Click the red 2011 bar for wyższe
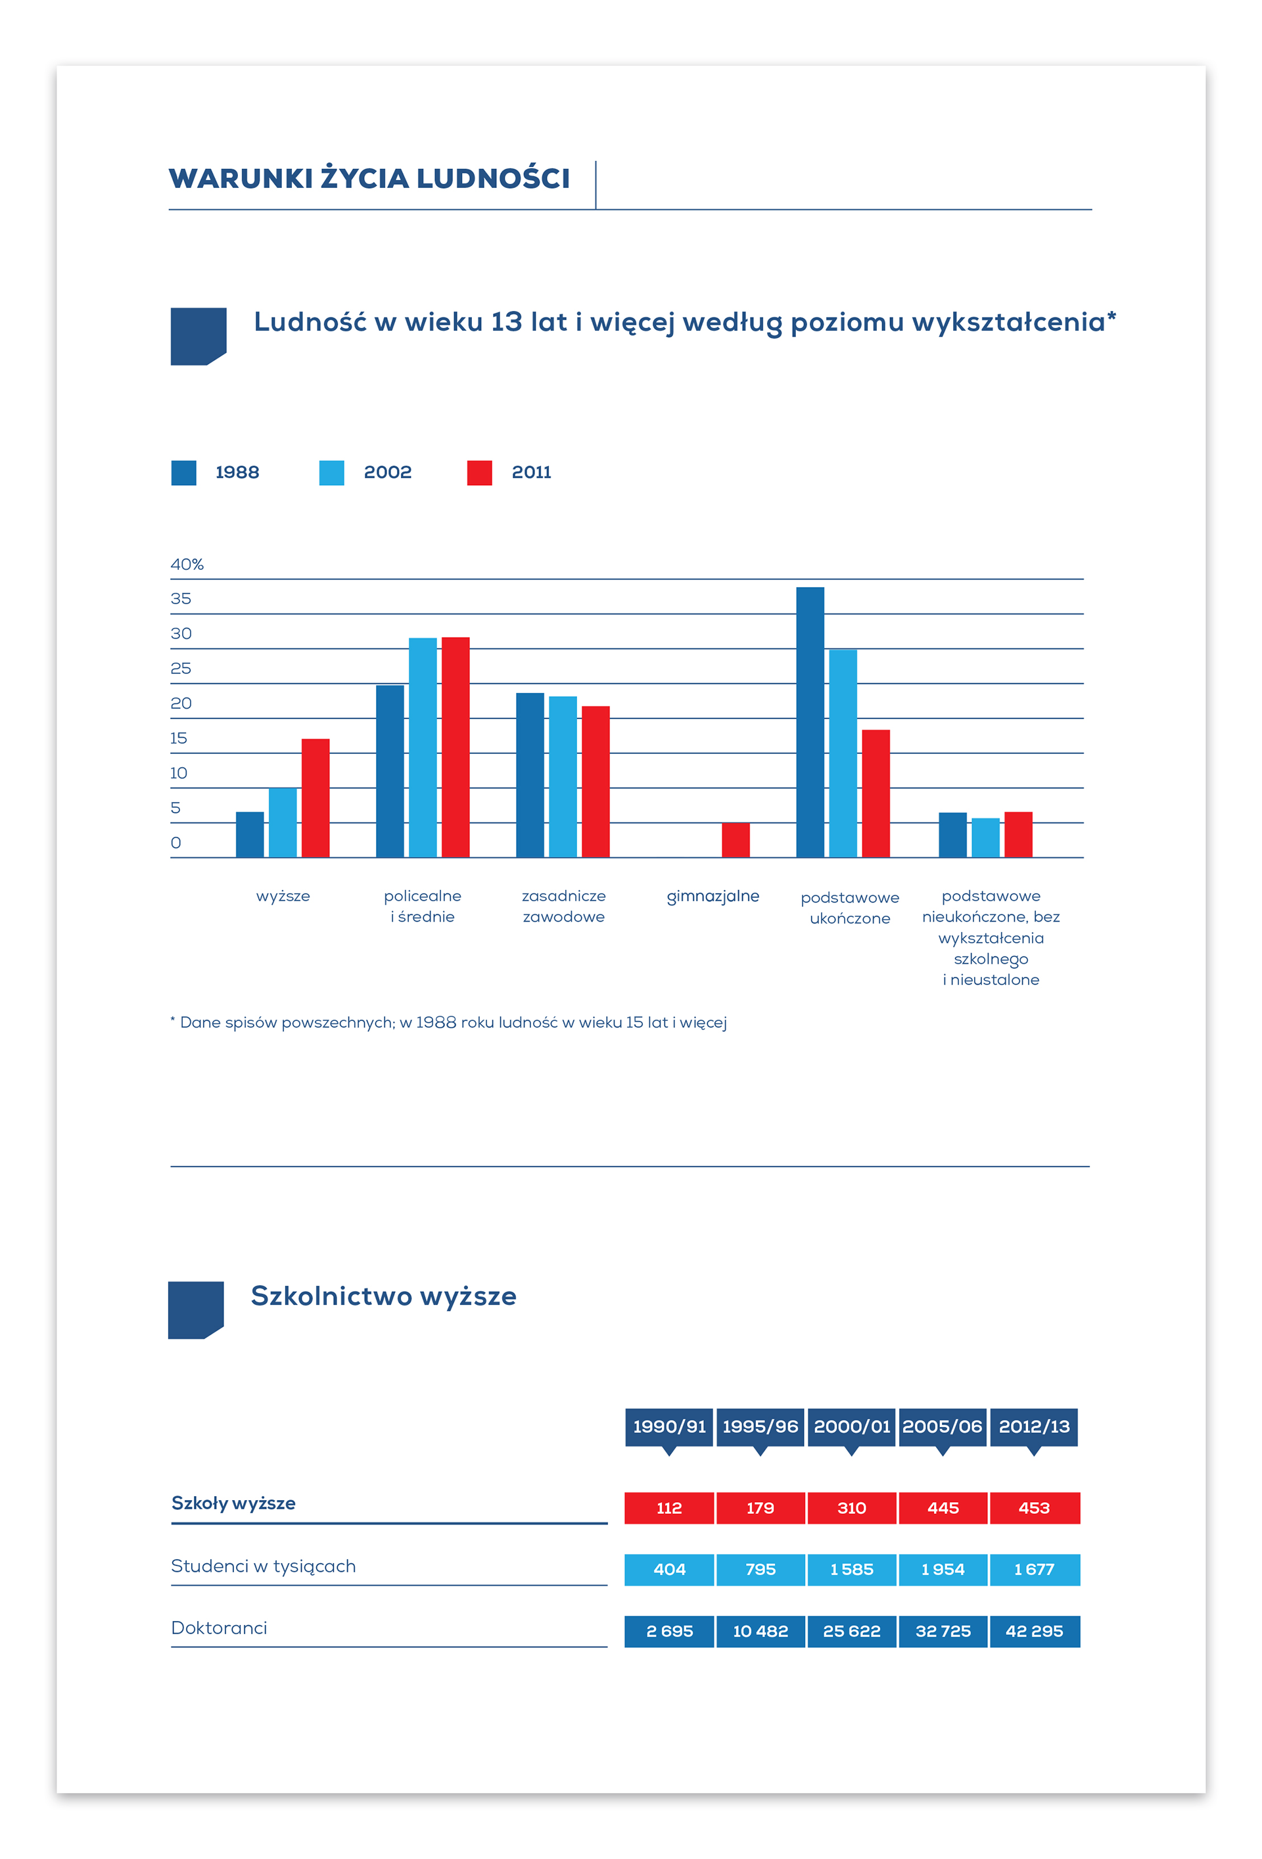[x=315, y=797]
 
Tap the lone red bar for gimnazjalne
[x=735, y=840]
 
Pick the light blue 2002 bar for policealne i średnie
[x=422, y=747]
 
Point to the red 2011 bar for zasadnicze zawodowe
[x=595, y=782]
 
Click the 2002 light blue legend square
[x=331, y=473]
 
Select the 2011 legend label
[x=531, y=473]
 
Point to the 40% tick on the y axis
[x=187, y=565]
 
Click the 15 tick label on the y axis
[x=178, y=738]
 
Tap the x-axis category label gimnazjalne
[x=713, y=897]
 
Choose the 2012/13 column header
[x=1033, y=1427]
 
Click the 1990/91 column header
[x=668, y=1427]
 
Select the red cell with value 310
[x=851, y=1508]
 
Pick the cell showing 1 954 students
[x=943, y=1569]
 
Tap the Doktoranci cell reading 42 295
[x=1034, y=1631]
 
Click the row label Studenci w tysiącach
[x=263, y=1566]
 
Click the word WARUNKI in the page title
[x=241, y=178]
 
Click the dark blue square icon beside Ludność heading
[x=199, y=336]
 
